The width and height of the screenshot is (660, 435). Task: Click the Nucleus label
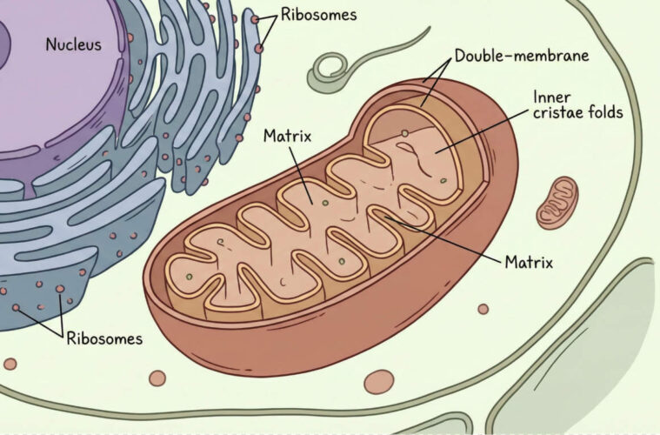pos(74,44)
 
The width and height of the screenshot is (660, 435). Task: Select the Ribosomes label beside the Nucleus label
pos(318,15)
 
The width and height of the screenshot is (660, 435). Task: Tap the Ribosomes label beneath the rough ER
pos(104,338)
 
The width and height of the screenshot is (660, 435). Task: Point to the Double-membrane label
pos(522,56)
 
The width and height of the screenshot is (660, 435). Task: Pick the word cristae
pos(558,112)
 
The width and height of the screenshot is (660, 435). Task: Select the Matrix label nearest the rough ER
pos(288,136)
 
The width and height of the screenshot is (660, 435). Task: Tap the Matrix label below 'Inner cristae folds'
pos(529,263)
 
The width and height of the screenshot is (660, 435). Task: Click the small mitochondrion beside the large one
pos(557,203)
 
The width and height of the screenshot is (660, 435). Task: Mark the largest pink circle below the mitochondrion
pos(379,382)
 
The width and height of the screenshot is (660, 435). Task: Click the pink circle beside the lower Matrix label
pos(483,309)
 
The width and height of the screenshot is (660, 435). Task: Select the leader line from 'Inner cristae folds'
pos(482,132)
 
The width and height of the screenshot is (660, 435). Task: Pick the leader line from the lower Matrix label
pos(443,238)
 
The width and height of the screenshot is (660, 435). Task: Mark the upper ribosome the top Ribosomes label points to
pos(255,19)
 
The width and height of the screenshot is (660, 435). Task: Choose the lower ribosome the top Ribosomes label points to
pos(259,49)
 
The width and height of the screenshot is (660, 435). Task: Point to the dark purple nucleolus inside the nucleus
pos(4,44)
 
